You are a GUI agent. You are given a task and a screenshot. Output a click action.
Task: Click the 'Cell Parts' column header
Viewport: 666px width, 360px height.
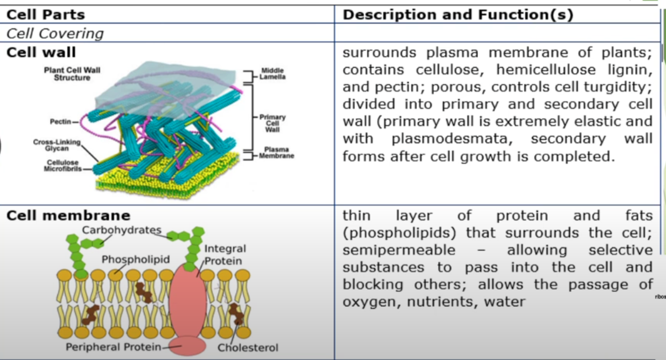(45, 14)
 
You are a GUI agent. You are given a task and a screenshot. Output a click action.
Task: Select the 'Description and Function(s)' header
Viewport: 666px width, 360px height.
(458, 14)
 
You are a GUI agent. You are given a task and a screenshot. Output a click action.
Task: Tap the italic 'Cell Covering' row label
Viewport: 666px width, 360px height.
(55, 34)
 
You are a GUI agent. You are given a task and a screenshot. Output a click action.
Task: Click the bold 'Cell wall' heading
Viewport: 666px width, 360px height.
(41, 52)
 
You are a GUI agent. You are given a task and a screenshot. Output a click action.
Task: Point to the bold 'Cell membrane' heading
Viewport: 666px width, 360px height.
(68, 215)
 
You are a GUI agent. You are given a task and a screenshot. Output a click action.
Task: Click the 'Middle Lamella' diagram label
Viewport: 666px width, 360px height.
(273, 73)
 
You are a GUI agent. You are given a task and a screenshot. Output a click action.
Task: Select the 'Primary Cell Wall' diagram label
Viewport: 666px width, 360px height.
(272, 123)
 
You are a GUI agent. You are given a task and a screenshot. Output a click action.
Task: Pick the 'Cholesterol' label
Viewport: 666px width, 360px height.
(248, 348)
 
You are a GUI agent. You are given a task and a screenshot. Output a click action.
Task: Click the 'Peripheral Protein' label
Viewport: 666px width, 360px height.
(113, 347)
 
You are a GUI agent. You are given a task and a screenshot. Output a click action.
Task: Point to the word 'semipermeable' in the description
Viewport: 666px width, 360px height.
(399, 250)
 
